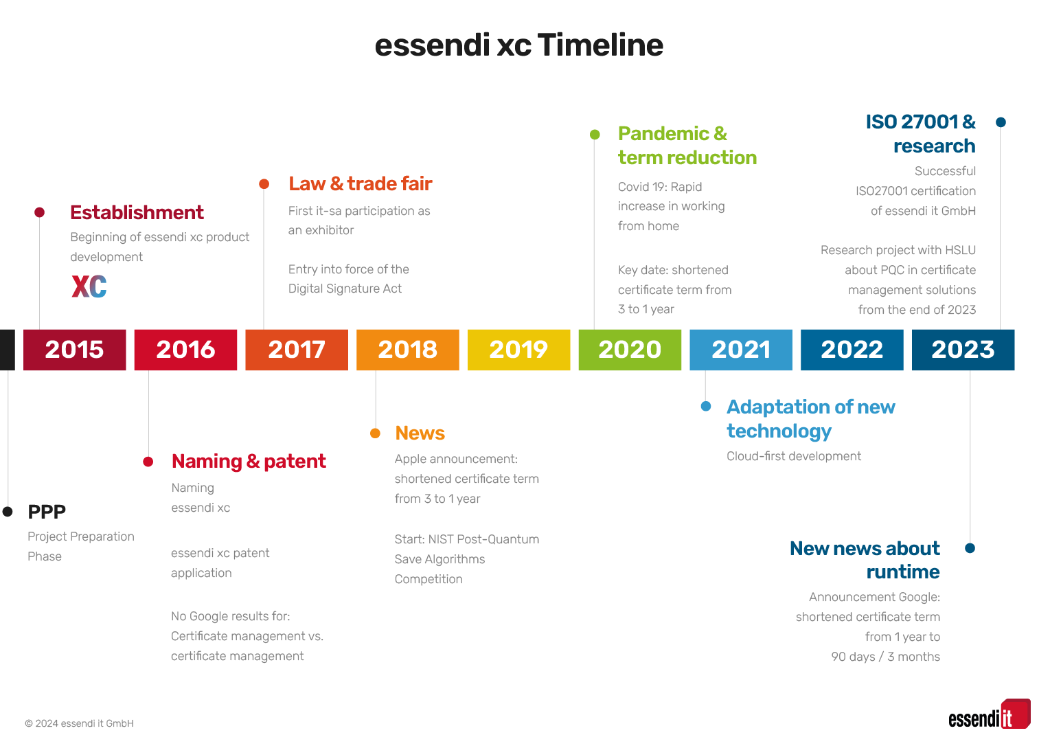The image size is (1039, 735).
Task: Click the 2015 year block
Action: click(x=75, y=350)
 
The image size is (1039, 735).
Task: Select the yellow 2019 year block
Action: click(x=519, y=350)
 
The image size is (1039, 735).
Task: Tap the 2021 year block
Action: click(x=741, y=350)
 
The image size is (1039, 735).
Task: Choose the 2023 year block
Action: click(x=963, y=350)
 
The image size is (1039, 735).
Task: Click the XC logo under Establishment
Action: click(x=89, y=286)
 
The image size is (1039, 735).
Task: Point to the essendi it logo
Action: click(x=990, y=714)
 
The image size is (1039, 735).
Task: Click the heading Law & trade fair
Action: click(x=361, y=184)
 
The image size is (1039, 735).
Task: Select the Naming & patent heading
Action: click(x=249, y=462)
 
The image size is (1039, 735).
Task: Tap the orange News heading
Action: click(x=420, y=433)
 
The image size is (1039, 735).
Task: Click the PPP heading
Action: click(x=47, y=512)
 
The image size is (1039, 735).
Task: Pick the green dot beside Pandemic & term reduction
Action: click(x=595, y=135)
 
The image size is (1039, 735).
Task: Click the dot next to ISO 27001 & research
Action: click(x=1001, y=122)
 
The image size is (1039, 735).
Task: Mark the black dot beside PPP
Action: click(x=8, y=512)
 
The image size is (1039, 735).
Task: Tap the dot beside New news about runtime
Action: click(x=970, y=548)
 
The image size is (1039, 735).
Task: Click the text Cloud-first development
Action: click(x=794, y=456)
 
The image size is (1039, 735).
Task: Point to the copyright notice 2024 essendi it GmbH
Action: click(x=80, y=723)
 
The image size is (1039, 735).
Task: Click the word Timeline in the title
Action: click(x=601, y=45)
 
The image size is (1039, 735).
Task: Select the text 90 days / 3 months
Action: click(x=885, y=657)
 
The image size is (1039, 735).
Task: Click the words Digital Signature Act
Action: click(x=345, y=289)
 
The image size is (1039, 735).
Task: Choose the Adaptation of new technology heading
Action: click(x=811, y=419)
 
